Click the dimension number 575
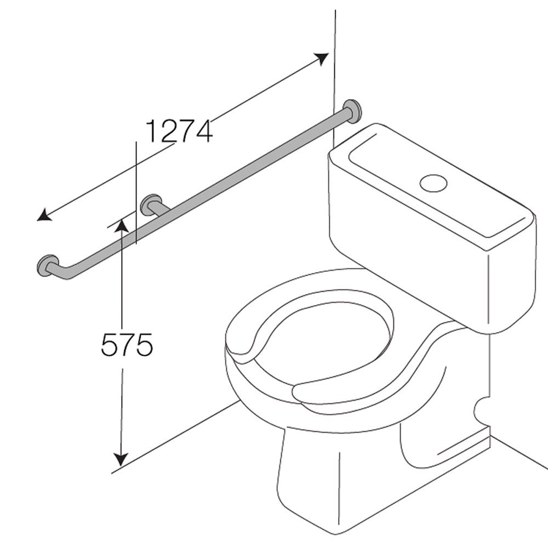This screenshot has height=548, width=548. coord(127,345)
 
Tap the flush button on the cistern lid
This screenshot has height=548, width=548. coord(433,182)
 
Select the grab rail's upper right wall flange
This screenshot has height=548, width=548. coord(352,111)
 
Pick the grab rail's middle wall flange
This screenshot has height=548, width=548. coord(150,204)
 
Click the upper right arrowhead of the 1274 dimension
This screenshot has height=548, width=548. coord(322,58)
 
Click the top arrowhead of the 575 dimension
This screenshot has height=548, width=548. coord(121,225)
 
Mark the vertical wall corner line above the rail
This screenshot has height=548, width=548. coord(334,55)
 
